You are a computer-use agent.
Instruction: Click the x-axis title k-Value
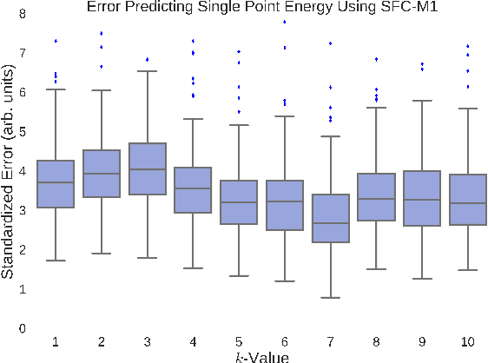pyautogui.click(x=261, y=356)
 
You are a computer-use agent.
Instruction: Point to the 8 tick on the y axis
pyautogui.click(x=21, y=13)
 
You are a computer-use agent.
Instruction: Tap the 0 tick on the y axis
pyautogui.click(x=21, y=328)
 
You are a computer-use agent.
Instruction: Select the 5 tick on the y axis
pyautogui.click(x=21, y=131)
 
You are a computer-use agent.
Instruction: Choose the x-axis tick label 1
pyautogui.click(x=55, y=342)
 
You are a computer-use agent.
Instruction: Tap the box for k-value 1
pyautogui.click(x=55, y=184)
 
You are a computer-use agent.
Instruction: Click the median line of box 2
pyautogui.click(x=100, y=174)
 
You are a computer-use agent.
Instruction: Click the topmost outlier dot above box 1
pyautogui.click(x=56, y=41)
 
